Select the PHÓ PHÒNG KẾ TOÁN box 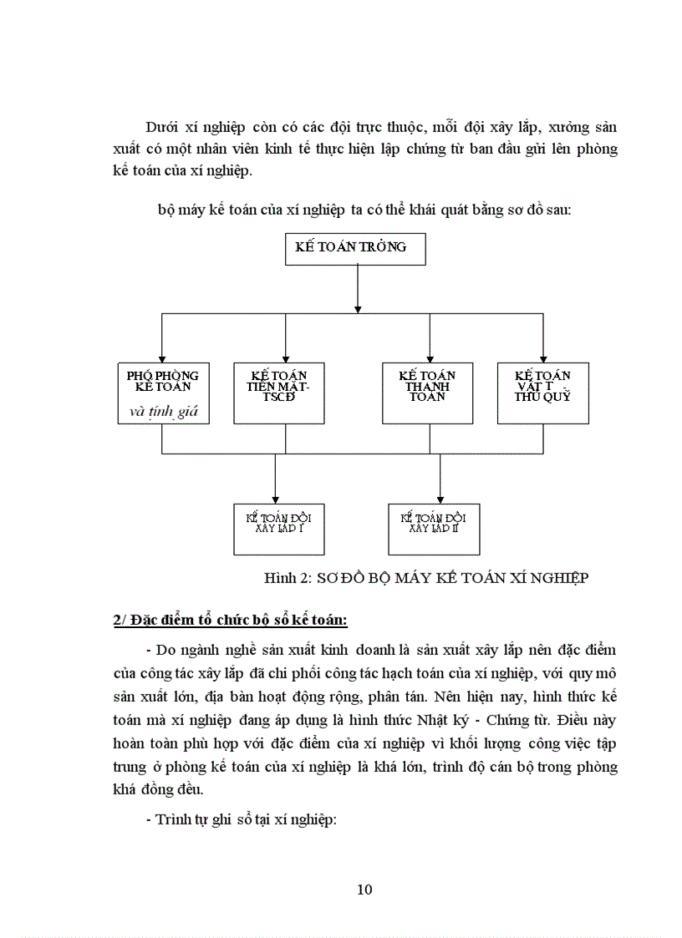163,393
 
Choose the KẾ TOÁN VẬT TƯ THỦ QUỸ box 543,392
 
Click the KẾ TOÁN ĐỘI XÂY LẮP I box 278,529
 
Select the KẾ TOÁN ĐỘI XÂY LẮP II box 435,529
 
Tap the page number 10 364,889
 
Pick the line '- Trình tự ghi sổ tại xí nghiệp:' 240,819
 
